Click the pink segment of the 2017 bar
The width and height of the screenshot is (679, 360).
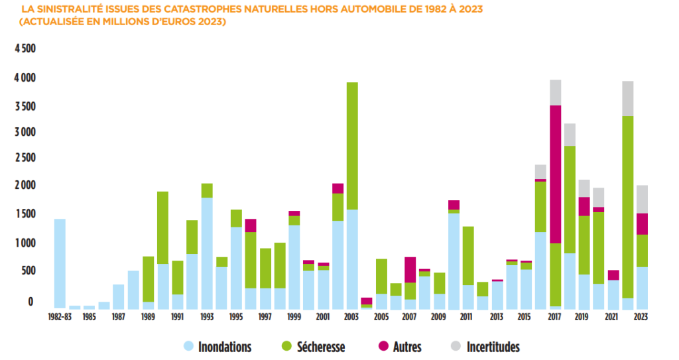point(555,174)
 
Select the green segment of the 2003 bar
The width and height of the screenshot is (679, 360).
point(352,146)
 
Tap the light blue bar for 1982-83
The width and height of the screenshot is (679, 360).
point(60,263)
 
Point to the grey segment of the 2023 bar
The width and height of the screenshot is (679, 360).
point(641,199)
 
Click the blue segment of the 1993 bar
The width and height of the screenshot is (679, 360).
point(207,253)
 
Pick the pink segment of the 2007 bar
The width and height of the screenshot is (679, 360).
point(410,269)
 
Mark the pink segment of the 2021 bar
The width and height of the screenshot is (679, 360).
point(613,275)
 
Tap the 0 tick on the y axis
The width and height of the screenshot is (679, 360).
point(30,302)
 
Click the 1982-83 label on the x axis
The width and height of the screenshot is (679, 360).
point(60,318)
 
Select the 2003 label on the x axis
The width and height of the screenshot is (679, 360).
point(352,318)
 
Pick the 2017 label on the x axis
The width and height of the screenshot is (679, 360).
point(555,318)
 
